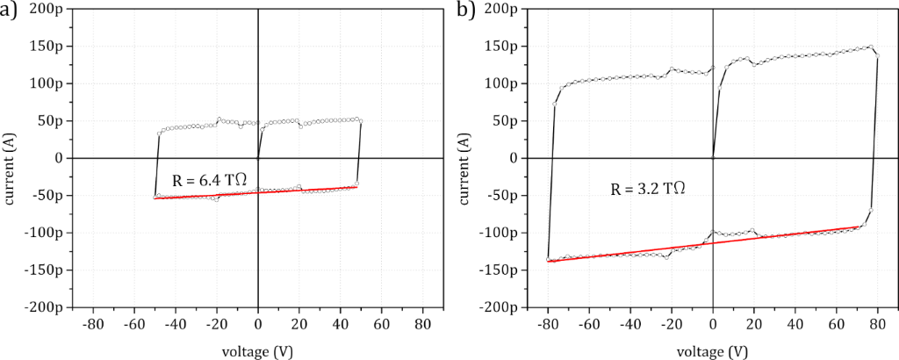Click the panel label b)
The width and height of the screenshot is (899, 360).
[x=467, y=11]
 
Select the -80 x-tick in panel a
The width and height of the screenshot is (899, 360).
[x=92, y=322]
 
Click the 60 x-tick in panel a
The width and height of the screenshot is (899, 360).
[x=381, y=322]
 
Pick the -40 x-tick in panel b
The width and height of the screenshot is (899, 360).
[x=629, y=322]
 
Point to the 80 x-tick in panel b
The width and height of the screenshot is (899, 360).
[x=876, y=322]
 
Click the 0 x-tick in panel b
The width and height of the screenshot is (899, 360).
[x=712, y=322]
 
